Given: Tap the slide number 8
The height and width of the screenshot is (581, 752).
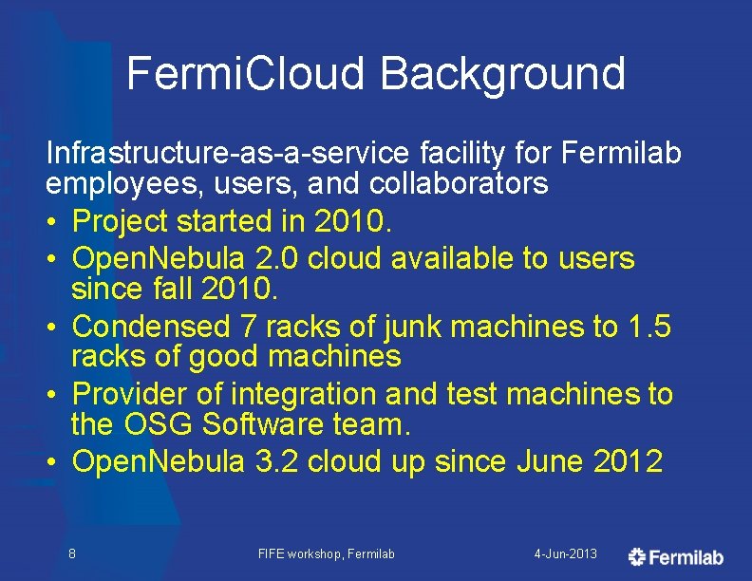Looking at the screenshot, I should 72,553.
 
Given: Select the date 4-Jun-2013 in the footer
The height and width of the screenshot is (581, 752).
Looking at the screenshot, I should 566,553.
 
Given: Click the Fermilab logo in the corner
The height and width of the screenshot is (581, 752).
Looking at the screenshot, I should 676,556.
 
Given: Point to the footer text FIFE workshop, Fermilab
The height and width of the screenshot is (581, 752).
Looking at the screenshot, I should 326,553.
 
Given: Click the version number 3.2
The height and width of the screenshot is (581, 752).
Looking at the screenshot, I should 274,461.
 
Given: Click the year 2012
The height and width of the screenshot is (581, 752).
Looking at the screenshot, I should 628,461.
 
